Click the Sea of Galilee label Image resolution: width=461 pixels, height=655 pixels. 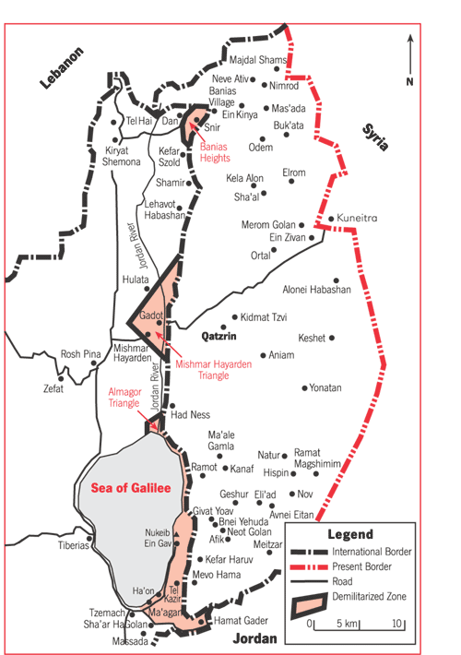pos(131,488)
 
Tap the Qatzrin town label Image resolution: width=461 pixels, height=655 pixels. pos(219,337)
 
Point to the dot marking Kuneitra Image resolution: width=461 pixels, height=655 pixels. pos(331,219)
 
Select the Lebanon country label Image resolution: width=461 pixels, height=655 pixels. pos(62,67)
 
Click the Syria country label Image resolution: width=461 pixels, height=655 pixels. pos(375,137)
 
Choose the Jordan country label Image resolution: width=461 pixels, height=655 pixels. pos(254,638)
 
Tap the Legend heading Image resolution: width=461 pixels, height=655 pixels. pos(350,534)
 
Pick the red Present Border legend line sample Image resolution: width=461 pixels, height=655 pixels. pos(309,566)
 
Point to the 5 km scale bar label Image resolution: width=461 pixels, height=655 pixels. pos(348,624)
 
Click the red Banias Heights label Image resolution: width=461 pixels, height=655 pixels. pos(215,152)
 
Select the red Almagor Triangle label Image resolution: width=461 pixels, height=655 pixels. pos(124,398)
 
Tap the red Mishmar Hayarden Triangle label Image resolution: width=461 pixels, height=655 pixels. pos(213,370)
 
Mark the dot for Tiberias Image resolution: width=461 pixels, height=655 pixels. pos(89,539)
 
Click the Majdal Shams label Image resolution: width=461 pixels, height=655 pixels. pos(257,60)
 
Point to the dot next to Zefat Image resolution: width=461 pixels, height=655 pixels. pos(61,379)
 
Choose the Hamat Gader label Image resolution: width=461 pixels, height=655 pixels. pos(241,621)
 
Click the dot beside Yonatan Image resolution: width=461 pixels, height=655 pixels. pos(305,388)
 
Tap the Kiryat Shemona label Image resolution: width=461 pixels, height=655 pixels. pos(122,156)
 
